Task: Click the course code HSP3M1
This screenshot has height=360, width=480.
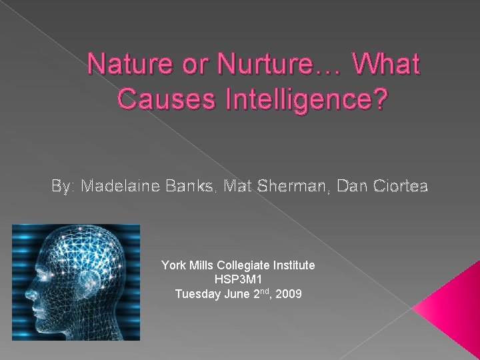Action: [x=238, y=279]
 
